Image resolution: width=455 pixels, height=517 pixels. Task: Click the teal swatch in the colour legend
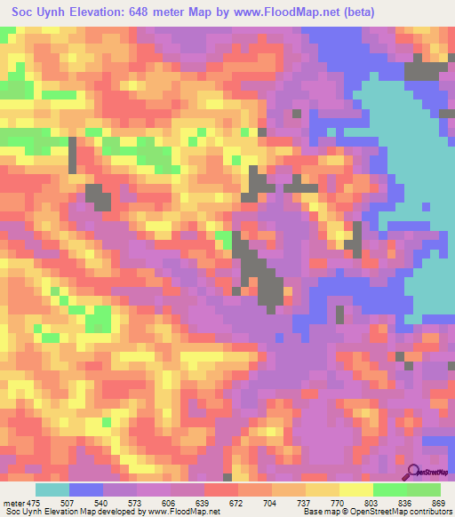(52, 489)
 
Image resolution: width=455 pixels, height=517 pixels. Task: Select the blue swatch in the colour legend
(86, 489)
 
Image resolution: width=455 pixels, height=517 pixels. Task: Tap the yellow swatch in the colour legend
(355, 489)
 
